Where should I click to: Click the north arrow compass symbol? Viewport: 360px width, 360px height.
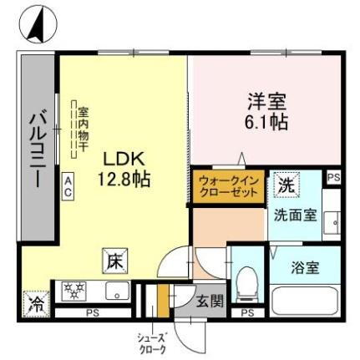pyautogui.click(x=34, y=25)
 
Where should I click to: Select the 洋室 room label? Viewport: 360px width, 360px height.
pyautogui.click(x=266, y=104)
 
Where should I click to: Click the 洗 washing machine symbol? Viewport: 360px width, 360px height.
pyautogui.click(x=286, y=185)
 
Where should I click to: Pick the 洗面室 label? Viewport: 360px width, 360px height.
pyautogui.click(x=296, y=214)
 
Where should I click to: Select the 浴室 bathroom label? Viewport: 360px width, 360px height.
pyautogui.click(x=305, y=269)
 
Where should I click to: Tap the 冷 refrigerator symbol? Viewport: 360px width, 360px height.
pyautogui.click(x=36, y=301)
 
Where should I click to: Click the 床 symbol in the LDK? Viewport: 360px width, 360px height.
pyautogui.click(x=114, y=261)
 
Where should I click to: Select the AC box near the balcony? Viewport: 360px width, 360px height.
pyautogui.click(x=68, y=185)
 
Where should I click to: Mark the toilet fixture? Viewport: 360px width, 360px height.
pyautogui.click(x=247, y=285)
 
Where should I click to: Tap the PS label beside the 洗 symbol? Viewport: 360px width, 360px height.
pyautogui.click(x=333, y=178)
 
